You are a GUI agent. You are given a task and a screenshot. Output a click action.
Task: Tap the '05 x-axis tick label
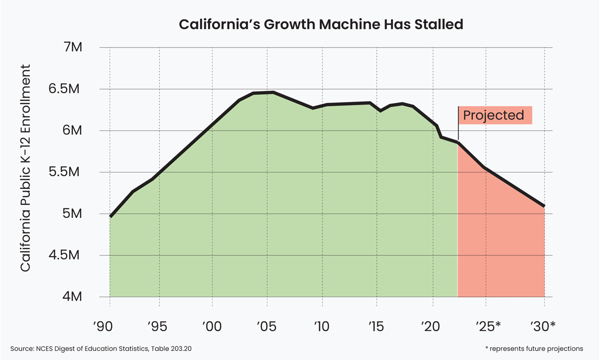(266, 326)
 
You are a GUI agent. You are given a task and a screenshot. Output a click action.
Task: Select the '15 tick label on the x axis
(376, 326)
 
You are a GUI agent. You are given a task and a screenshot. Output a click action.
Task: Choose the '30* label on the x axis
(542, 326)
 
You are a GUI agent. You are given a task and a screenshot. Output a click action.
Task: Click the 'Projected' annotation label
(493, 115)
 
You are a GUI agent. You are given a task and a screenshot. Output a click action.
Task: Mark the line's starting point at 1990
(110, 216)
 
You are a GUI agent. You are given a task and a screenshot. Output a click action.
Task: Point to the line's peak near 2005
(272, 92)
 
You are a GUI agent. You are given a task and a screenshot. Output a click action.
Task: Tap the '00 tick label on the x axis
(212, 326)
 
